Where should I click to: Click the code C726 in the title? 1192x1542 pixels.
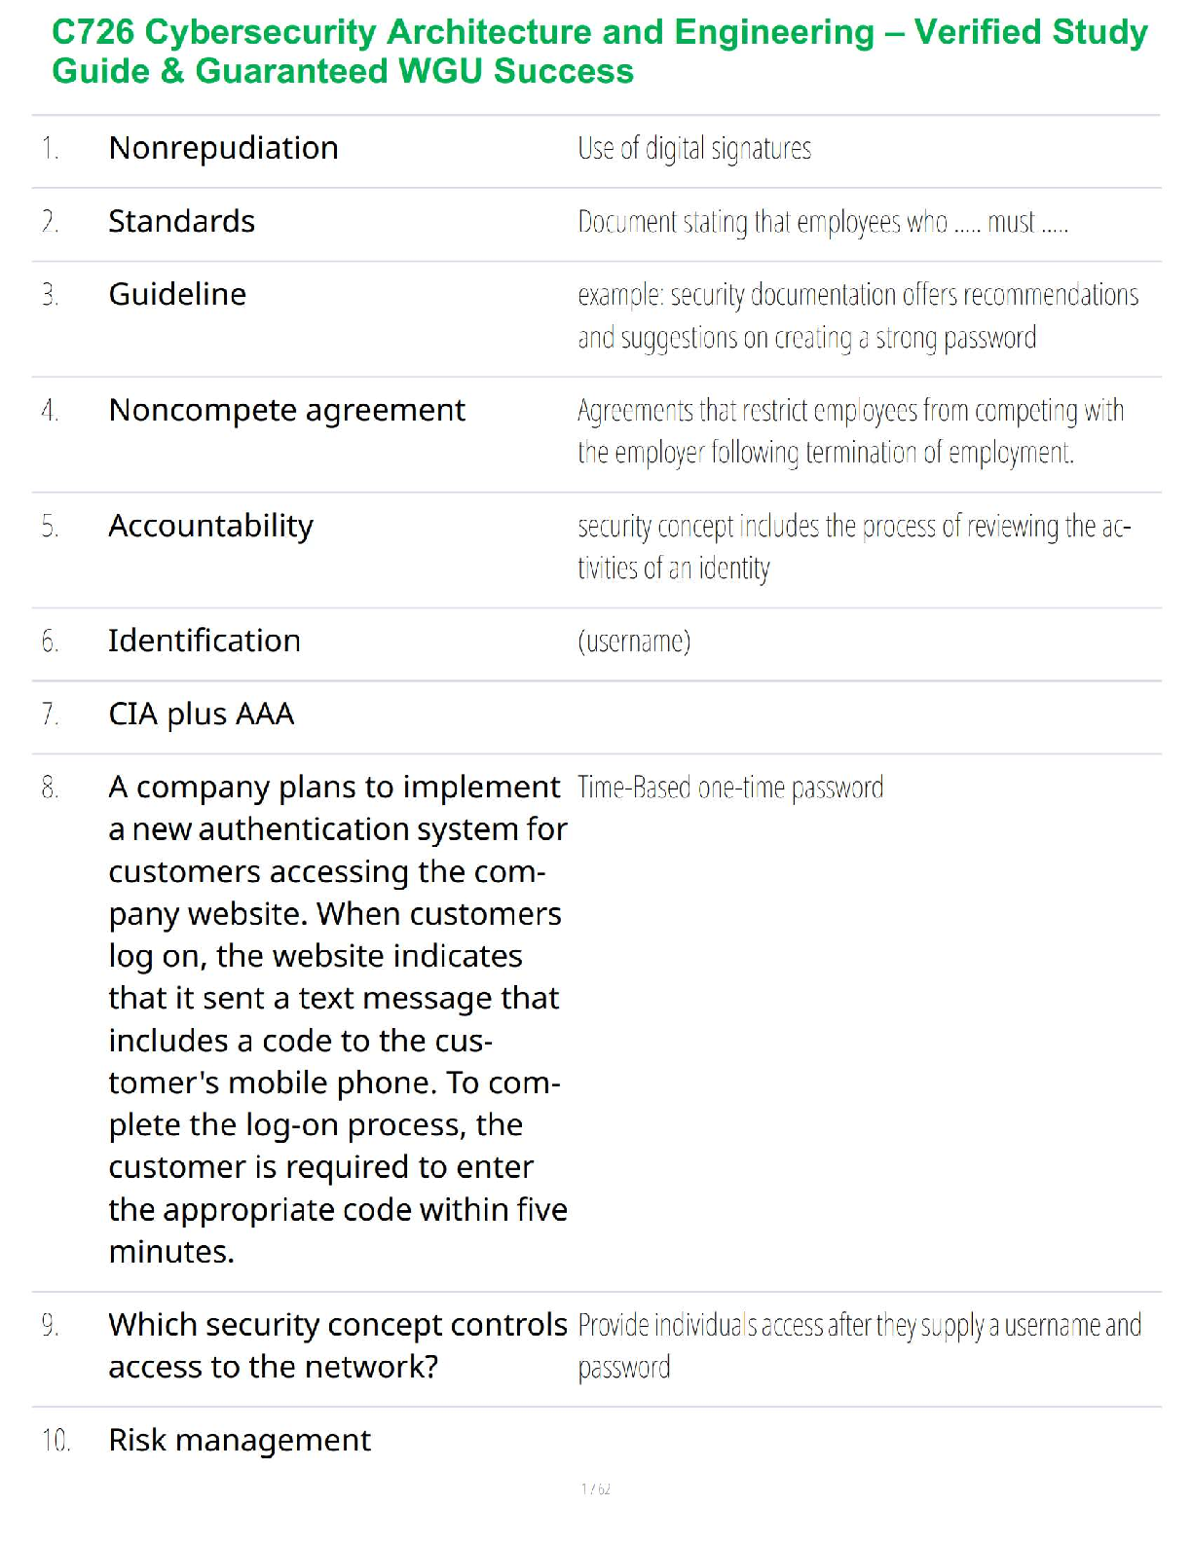click(x=93, y=32)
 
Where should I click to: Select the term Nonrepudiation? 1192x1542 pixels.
click(x=223, y=148)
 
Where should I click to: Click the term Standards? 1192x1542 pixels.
click(x=181, y=221)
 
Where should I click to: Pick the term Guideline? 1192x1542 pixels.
click(x=177, y=294)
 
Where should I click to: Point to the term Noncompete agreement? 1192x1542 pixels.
click(x=286, y=410)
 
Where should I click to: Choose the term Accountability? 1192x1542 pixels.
click(x=210, y=526)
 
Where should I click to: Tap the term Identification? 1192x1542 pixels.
click(x=204, y=641)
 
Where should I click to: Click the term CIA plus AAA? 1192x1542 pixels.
click(x=201, y=714)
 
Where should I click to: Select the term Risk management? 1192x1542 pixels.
click(x=240, y=1440)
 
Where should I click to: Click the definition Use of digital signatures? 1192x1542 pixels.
click(x=693, y=149)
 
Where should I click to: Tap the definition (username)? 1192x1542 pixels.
click(x=634, y=642)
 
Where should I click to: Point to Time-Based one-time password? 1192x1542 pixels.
click(x=730, y=788)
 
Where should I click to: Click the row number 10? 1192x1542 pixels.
click(x=56, y=1441)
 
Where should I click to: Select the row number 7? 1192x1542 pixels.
click(x=50, y=715)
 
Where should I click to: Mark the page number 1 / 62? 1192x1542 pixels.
click(x=595, y=1488)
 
